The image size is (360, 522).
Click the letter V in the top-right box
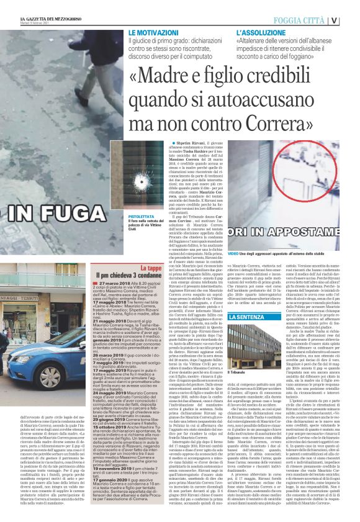[352, 20]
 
